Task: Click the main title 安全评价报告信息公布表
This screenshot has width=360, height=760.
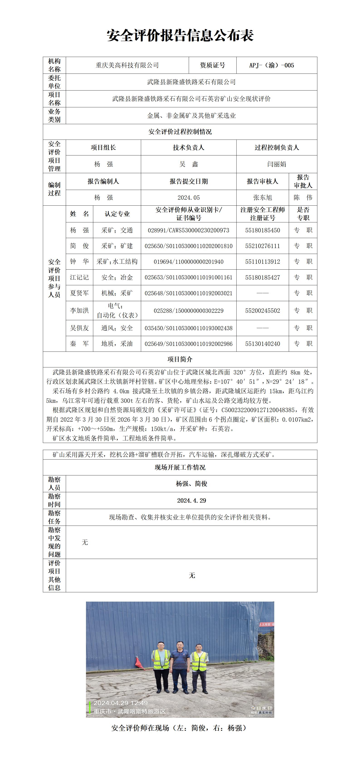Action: point(180,36)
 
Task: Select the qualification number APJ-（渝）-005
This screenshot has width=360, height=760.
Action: point(272,65)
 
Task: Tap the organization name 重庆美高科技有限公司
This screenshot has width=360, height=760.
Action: point(127,65)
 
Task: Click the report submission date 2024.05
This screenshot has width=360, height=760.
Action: point(189,198)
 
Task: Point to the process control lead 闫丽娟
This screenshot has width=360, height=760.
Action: point(276,164)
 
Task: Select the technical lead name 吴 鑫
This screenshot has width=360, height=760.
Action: point(189,164)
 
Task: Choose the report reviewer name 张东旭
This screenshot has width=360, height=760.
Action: point(262,198)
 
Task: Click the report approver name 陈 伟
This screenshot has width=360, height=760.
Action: point(303,198)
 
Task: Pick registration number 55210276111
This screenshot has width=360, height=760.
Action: point(262,246)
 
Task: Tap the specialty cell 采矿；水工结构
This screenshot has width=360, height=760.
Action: point(117,262)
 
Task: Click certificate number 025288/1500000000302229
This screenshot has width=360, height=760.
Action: point(189,311)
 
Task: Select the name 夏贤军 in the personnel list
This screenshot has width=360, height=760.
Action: point(79,293)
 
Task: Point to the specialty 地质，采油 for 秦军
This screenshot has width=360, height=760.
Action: point(117,344)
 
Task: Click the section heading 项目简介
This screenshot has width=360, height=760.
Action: point(180,359)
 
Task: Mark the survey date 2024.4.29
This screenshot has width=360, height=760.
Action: point(191,501)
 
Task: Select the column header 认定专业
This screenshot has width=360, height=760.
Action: point(117,214)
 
